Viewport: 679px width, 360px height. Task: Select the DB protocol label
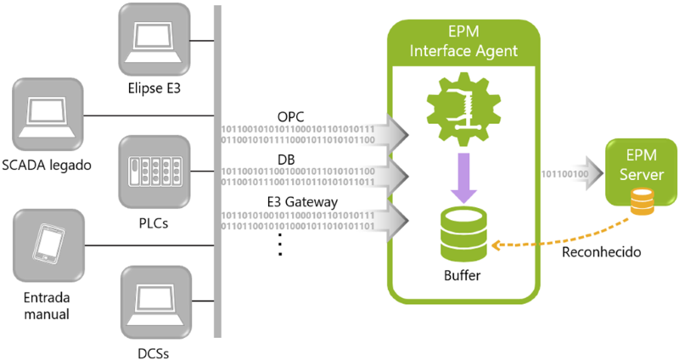pyautogui.click(x=286, y=160)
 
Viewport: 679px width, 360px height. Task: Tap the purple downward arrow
pyautogui.click(x=463, y=179)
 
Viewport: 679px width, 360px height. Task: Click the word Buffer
pyautogui.click(x=463, y=275)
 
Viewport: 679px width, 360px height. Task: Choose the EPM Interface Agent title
pyautogui.click(x=463, y=42)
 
